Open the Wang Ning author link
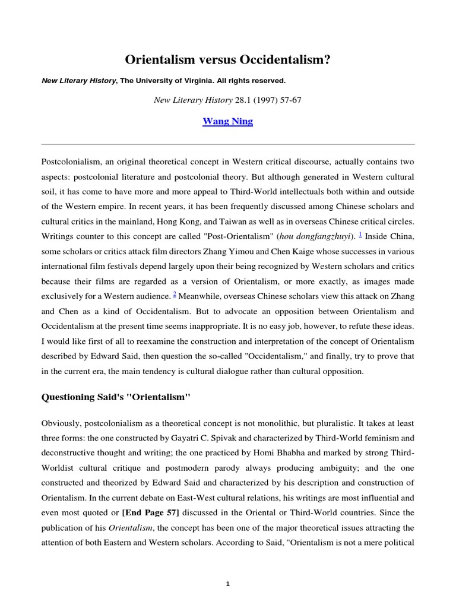(227, 121)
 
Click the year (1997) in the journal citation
(248, 100)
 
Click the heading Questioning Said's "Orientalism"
(115, 397)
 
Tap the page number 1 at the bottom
(227, 584)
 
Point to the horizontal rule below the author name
(227, 144)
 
